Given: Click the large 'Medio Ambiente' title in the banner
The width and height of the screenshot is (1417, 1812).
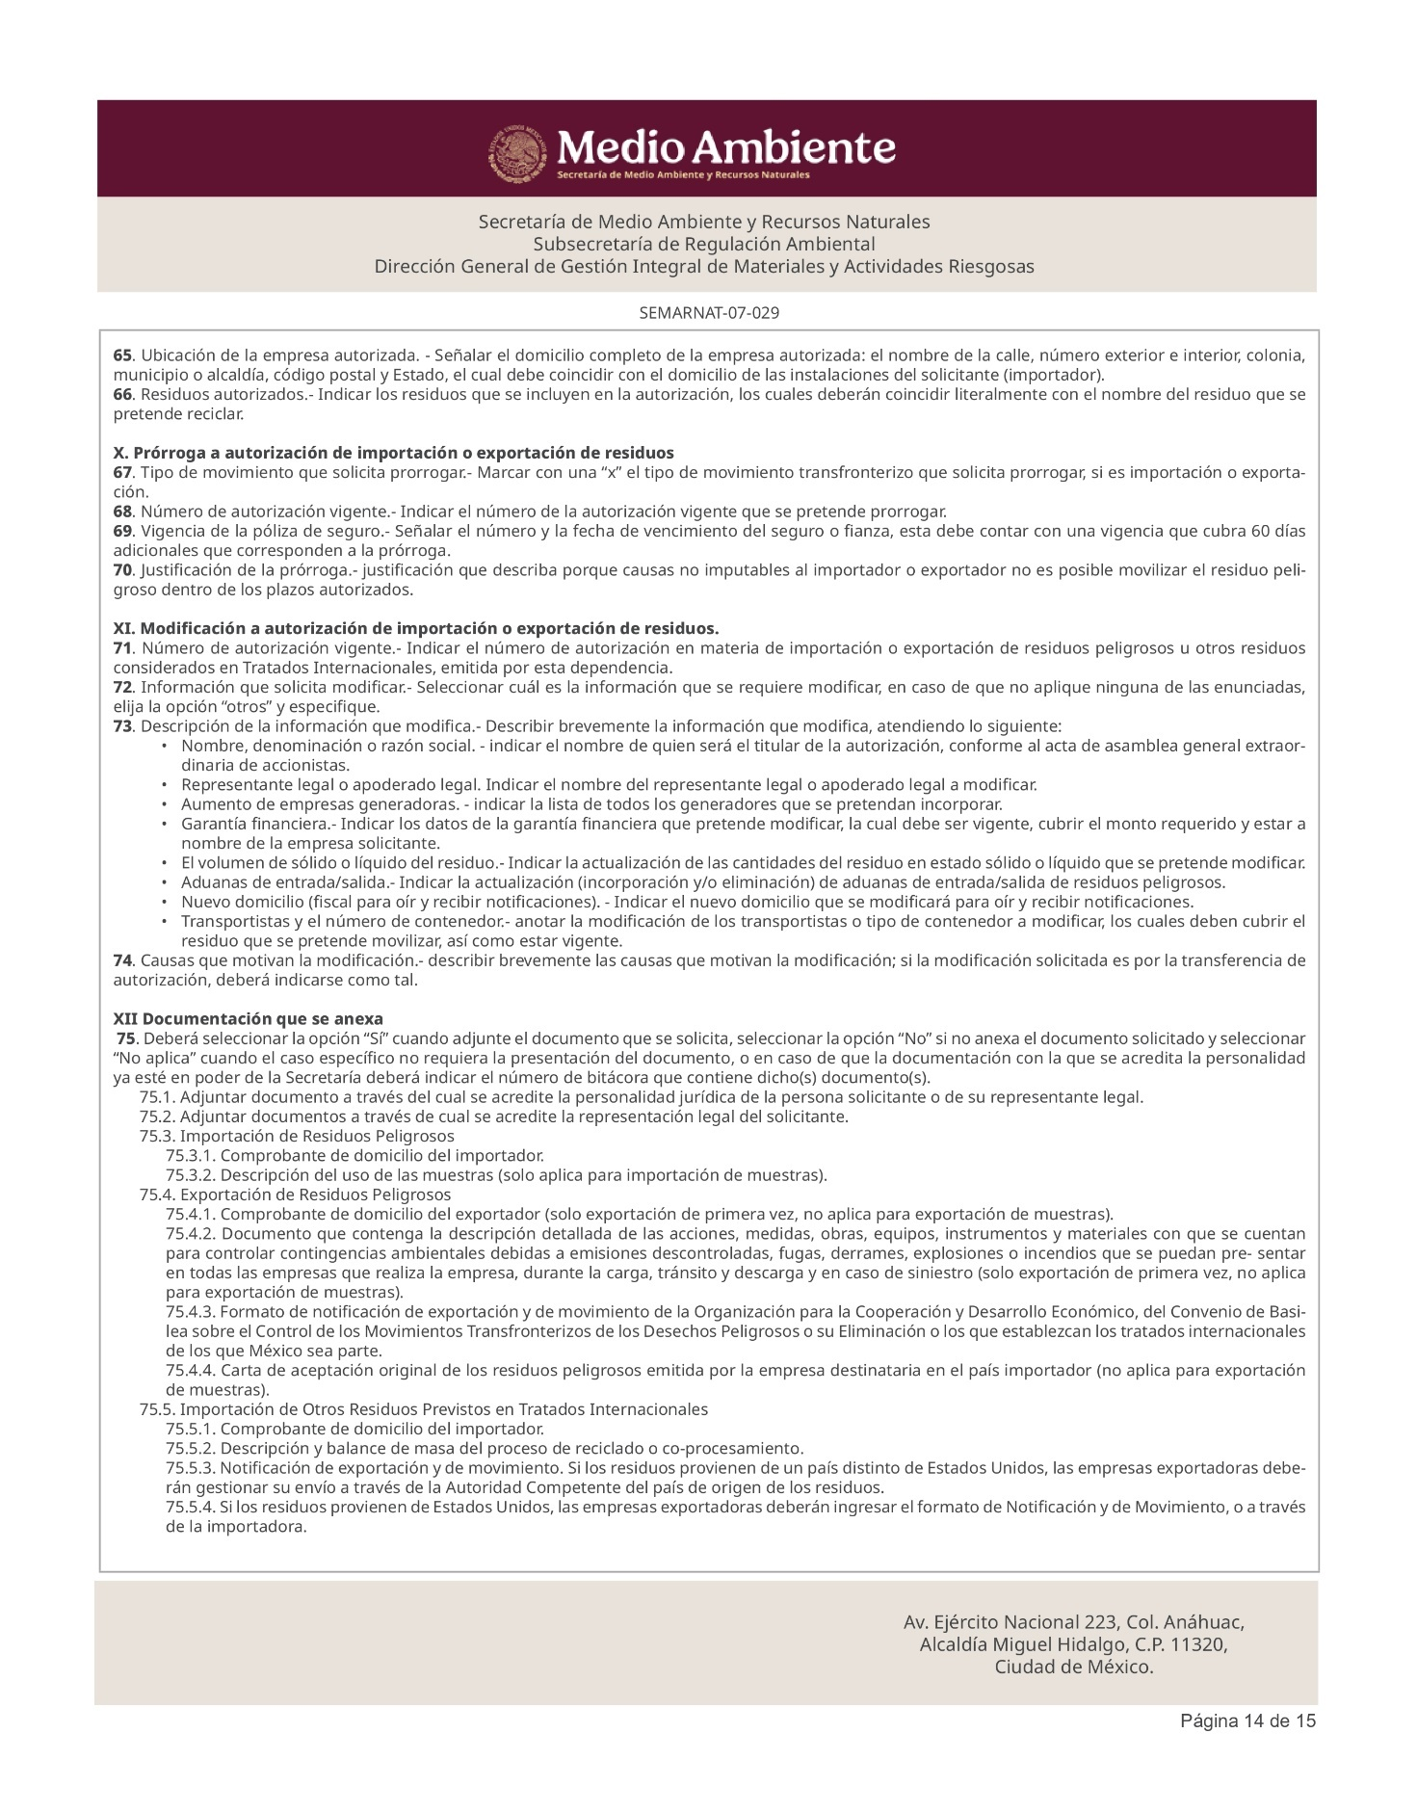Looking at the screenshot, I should point(727,147).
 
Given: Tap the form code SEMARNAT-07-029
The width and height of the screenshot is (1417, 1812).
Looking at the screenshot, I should point(708,313).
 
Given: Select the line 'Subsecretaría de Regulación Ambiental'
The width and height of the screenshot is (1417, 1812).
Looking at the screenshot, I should point(704,244).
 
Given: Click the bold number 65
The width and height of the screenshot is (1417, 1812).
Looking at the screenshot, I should point(121,355).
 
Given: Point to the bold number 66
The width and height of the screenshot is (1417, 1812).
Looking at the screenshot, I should point(121,394).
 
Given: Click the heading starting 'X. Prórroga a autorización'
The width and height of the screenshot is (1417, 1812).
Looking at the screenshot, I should point(393,453).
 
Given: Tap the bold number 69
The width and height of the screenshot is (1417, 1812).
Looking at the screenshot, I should point(121,531).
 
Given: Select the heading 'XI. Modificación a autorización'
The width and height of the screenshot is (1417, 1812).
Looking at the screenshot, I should point(416,628).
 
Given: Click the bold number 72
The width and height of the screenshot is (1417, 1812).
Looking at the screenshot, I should point(121,687).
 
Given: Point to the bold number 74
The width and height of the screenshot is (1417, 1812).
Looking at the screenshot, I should point(121,960).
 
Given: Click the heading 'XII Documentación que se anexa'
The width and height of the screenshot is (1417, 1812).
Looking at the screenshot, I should point(248,1018).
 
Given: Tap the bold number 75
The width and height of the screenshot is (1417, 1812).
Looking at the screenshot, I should point(125,1038).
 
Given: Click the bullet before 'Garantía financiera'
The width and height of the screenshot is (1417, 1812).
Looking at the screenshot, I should point(166,825).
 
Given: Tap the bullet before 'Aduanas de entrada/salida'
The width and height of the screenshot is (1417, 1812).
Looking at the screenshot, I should point(166,882).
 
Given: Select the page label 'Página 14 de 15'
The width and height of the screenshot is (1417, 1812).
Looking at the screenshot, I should point(1248,1721).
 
